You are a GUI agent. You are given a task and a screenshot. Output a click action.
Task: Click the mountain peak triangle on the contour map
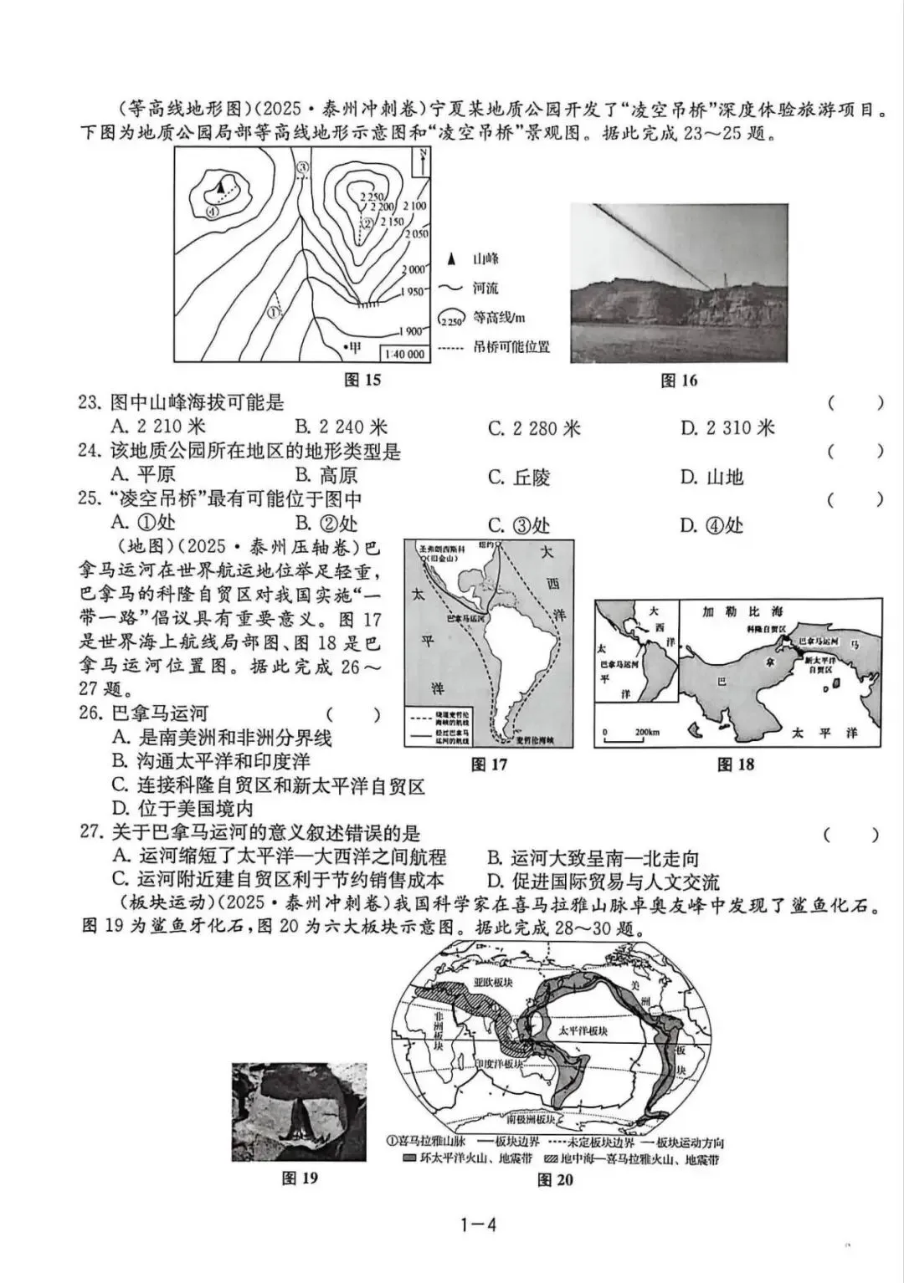coord(220,188)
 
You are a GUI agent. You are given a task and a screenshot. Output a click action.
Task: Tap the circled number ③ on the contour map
coord(303,167)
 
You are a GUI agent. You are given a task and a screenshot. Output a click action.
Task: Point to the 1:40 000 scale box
coord(406,354)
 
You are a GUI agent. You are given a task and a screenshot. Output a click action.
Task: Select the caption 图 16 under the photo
coord(679,381)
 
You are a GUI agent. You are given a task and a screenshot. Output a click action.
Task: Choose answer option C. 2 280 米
coord(534,428)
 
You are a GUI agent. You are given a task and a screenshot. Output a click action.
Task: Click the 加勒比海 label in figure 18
coord(732,611)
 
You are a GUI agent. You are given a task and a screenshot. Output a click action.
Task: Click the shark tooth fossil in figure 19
coord(299,1119)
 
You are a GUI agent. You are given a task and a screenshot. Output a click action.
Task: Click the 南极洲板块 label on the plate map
coord(530,1118)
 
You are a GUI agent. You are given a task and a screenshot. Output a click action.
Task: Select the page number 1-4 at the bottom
coord(479,1225)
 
